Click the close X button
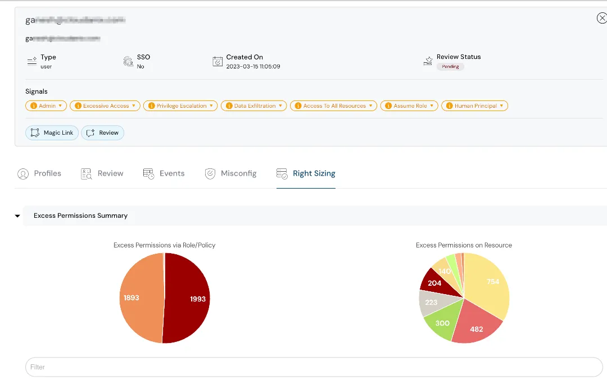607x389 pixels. (x=601, y=19)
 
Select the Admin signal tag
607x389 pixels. (x=46, y=106)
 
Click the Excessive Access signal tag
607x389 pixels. (x=105, y=106)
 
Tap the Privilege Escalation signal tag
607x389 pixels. (x=180, y=106)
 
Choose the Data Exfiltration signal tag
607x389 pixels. (x=254, y=106)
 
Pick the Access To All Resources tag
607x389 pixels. (x=333, y=106)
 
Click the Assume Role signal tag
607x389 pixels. (x=409, y=106)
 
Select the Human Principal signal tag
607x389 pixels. (x=474, y=106)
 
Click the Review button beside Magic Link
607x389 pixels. (x=103, y=133)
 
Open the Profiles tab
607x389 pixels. (x=39, y=173)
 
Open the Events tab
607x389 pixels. (x=164, y=173)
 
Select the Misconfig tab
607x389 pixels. (x=231, y=173)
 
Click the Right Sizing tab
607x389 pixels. (x=306, y=173)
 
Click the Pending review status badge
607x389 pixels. (x=450, y=66)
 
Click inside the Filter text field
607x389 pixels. (x=314, y=367)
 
